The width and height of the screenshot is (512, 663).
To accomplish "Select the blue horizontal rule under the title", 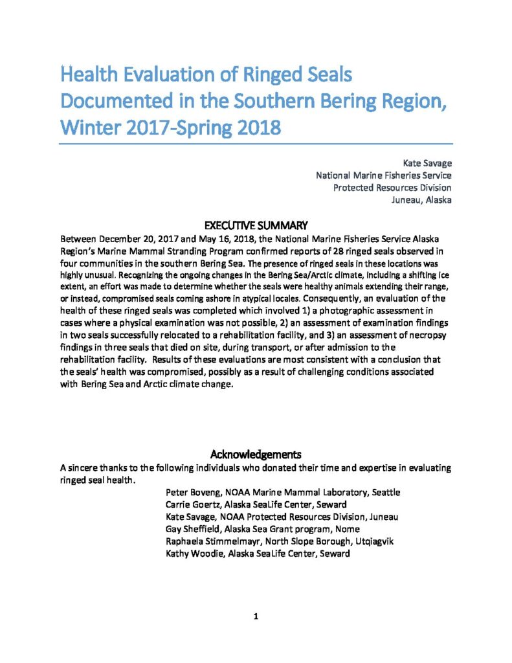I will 256,144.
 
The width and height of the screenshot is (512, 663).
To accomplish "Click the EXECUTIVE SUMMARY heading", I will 256,226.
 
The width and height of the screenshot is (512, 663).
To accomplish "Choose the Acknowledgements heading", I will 256,454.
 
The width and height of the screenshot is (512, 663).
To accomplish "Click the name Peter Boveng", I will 195,492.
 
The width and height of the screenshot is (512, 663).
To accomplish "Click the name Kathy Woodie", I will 193,554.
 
